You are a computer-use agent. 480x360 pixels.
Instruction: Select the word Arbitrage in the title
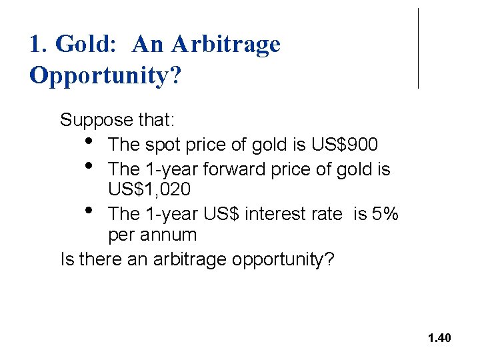point(226,45)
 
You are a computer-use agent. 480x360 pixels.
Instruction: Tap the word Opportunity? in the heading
point(105,76)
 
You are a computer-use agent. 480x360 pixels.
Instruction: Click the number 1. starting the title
point(39,45)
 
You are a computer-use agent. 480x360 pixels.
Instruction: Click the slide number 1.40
point(439,338)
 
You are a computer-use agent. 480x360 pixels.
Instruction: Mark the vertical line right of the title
point(419,48)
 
